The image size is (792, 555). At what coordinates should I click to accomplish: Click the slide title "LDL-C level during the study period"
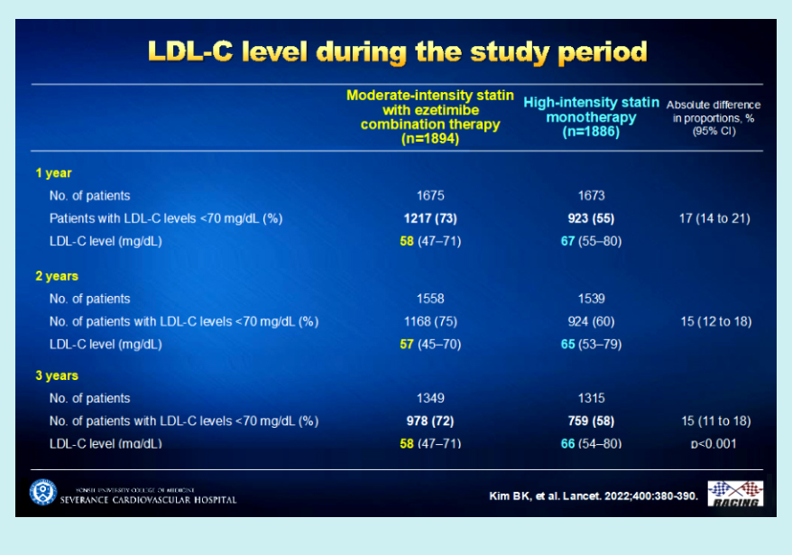pos(397,52)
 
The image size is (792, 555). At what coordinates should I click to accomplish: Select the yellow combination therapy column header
pos(429,116)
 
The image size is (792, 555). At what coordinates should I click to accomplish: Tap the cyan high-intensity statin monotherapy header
pos(592,116)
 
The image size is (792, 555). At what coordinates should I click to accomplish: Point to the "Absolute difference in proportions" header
pos(717,117)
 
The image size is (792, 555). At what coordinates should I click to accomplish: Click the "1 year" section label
pos(53,172)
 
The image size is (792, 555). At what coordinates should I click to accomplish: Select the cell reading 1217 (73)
pos(429,218)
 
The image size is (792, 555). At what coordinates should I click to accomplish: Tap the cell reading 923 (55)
pos(591,218)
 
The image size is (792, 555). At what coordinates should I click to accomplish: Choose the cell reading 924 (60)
pos(591,321)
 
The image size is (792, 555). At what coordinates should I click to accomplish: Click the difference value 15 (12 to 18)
pos(716,321)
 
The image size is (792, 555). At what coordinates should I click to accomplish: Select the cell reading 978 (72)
pos(429,421)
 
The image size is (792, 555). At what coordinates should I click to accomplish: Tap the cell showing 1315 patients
pos(591,398)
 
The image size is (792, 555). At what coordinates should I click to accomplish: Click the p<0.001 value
pos(716,443)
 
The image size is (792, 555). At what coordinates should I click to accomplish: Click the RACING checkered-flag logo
pos(735,494)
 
